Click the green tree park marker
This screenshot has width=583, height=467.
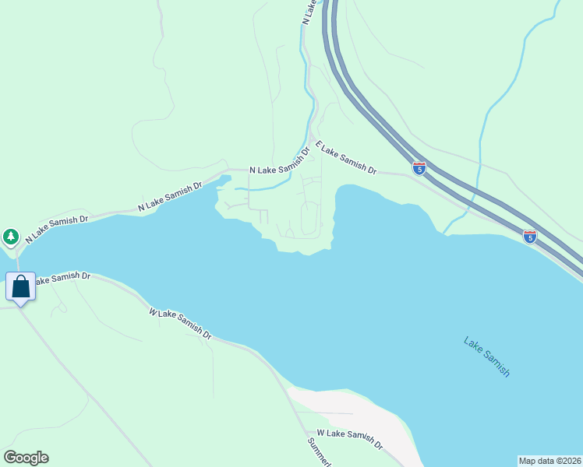click(11, 236)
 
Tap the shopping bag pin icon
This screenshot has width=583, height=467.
click(21, 286)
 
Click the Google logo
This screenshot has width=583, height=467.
click(26, 458)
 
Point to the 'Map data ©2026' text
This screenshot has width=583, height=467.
click(550, 461)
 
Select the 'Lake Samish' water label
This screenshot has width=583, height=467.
click(486, 356)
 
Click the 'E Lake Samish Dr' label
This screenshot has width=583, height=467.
click(346, 159)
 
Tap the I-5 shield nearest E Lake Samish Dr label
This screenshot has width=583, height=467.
click(419, 168)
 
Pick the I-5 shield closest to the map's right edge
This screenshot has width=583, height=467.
click(530, 237)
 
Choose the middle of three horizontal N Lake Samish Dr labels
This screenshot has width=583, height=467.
click(170, 196)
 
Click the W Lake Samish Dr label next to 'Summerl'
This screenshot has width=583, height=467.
click(350, 440)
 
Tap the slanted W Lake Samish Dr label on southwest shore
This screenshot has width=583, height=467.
click(180, 323)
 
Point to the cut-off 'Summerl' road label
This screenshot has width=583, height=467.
click(319, 453)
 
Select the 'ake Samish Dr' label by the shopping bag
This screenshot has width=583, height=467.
click(62, 277)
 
